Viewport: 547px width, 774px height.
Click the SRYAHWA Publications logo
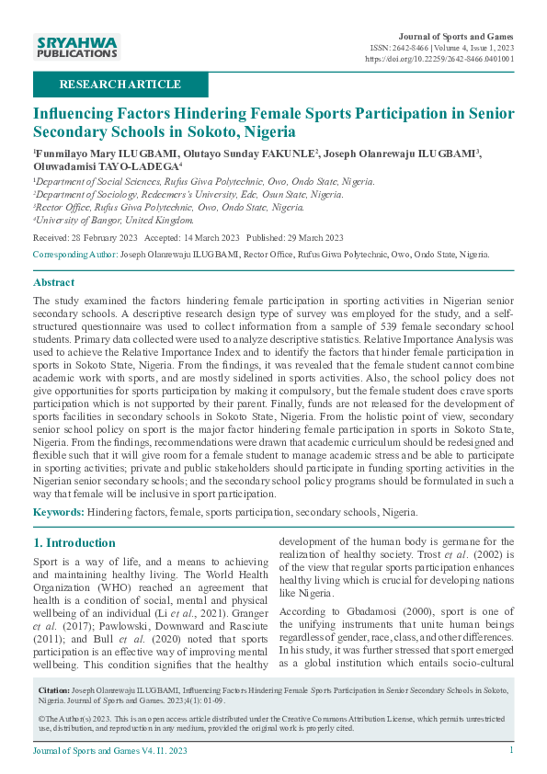pyautogui.click(x=75, y=46)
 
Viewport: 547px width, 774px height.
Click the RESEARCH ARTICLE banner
pyautogui.click(x=120, y=85)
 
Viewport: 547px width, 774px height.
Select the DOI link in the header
pyautogui.click(x=439, y=58)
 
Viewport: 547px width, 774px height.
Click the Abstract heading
pyautogui.click(x=54, y=282)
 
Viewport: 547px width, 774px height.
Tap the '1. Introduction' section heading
pyautogui.click(x=74, y=543)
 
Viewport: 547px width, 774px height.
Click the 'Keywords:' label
pyautogui.click(x=59, y=512)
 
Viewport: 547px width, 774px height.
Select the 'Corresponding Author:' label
pyautogui.click(x=75, y=253)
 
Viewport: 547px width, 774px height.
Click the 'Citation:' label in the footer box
pyautogui.click(x=53, y=689)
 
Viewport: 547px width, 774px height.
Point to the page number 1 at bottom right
pyautogui.click(x=511, y=751)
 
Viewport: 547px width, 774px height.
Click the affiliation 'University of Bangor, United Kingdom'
pyautogui.click(x=115, y=220)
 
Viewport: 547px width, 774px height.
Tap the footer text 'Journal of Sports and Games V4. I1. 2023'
pyautogui.click(x=109, y=751)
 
